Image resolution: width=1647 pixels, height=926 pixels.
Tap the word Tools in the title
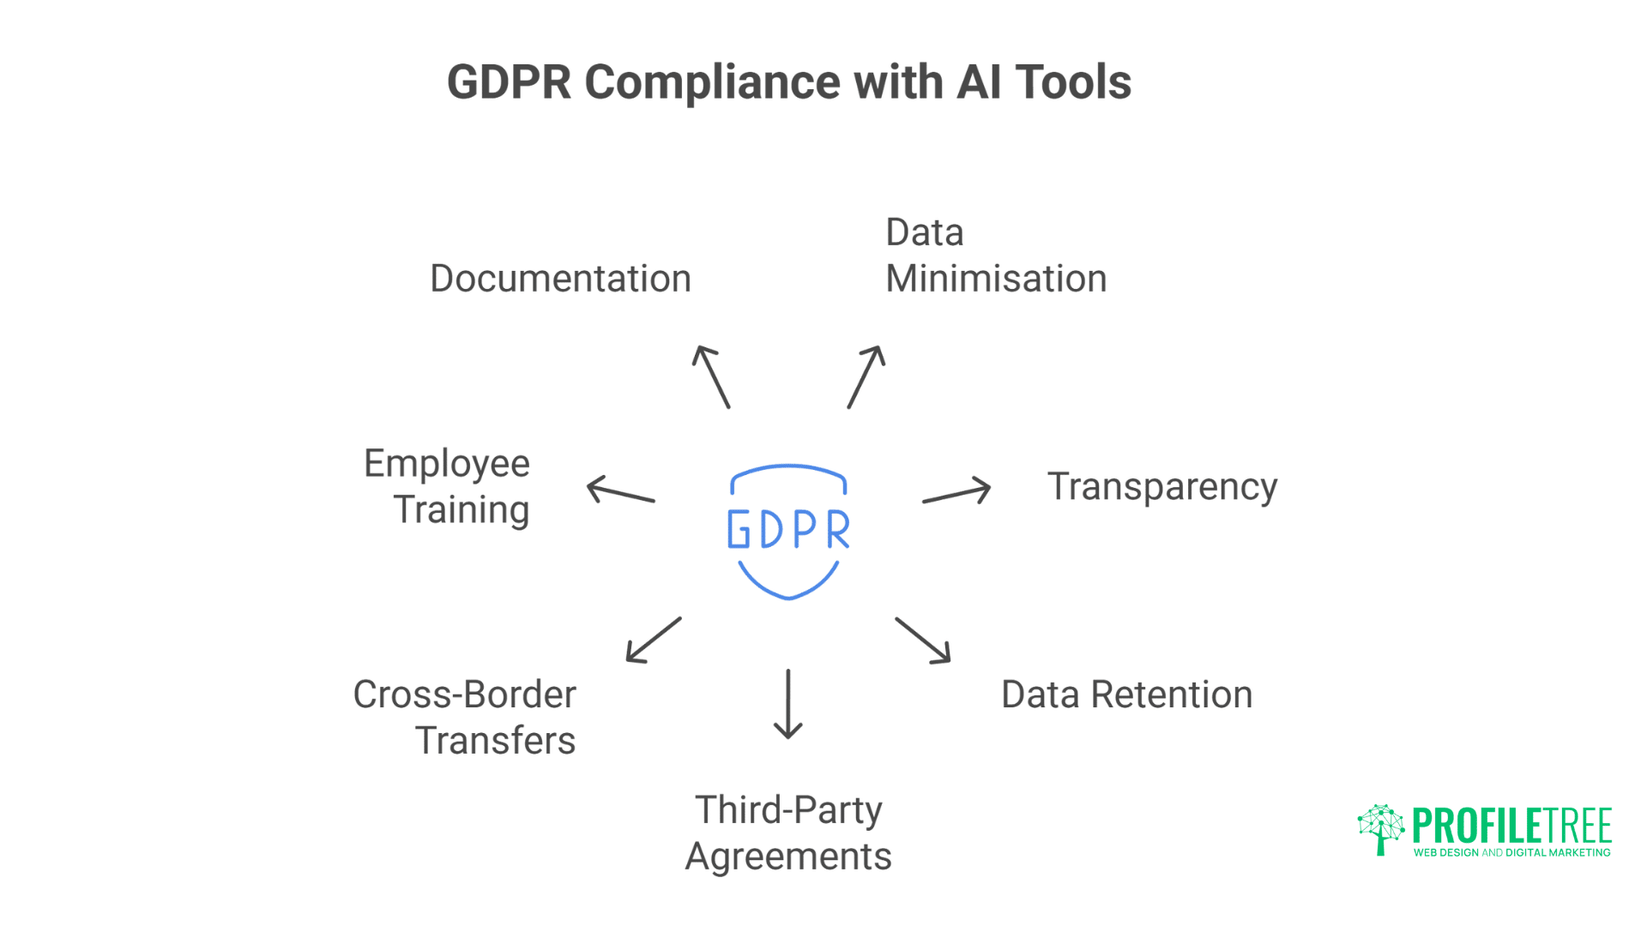point(1073,82)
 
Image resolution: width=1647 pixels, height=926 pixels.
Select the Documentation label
point(560,279)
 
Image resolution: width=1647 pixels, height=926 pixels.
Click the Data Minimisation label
point(995,256)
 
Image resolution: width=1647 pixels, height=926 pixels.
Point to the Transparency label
point(1161,487)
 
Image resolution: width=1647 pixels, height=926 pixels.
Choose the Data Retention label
point(1126,694)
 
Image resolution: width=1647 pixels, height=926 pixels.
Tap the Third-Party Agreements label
point(788,833)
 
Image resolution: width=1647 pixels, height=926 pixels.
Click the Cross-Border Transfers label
point(465,717)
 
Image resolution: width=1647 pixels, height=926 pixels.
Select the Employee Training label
point(447,486)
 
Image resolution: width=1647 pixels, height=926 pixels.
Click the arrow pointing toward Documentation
point(711,376)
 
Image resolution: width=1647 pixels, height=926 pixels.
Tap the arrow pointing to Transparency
point(956,493)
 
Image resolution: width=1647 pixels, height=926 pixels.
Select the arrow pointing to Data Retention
point(923,640)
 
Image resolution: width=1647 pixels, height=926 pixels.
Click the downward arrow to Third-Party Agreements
point(788,703)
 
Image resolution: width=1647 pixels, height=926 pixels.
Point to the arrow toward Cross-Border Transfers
point(654,640)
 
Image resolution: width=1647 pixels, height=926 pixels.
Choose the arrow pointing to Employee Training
point(621,490)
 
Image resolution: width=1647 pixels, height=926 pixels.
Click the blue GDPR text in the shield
point(788,529)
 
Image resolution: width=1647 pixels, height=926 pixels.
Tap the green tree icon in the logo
point(1380,828)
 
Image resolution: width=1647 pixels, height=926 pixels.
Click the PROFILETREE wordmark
point(1511,826)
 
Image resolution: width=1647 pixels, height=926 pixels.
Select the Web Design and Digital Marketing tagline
point(1511,853)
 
